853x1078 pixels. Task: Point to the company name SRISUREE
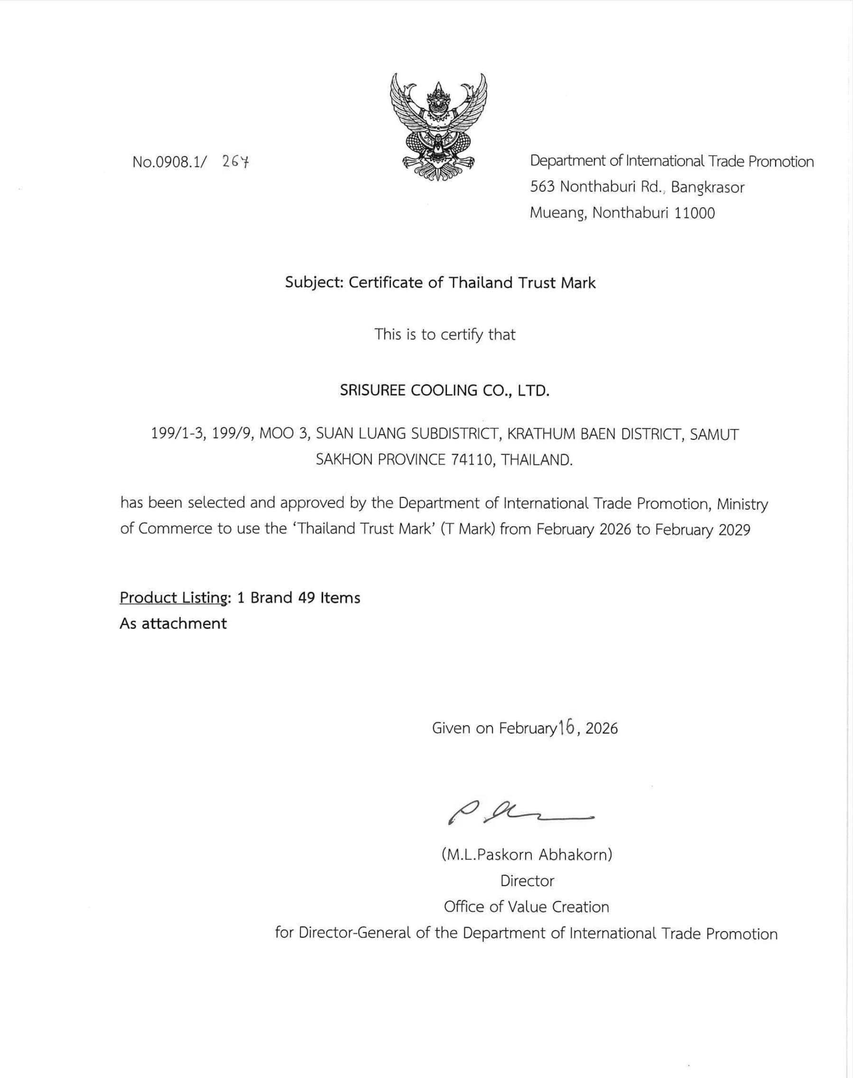[x=372, y=390]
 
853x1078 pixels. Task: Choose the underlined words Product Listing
[x=173, y=598]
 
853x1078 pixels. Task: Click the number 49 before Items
[x=306, y=598]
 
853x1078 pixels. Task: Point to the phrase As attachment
[x=173, y=623]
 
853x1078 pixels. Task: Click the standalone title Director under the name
[x=527, y=881]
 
